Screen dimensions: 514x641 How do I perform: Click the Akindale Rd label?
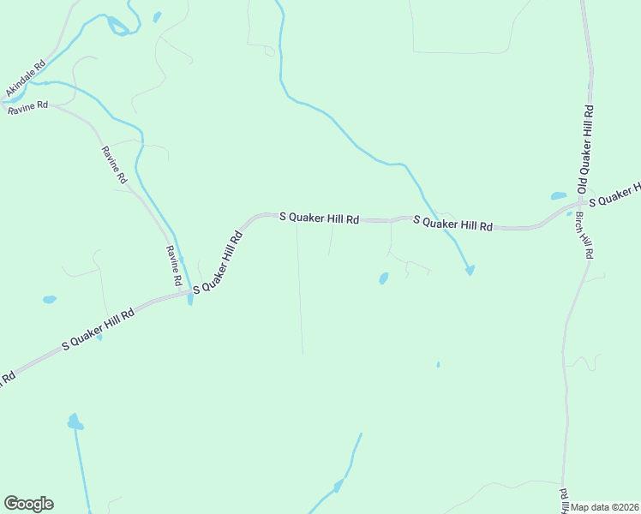(x=25, y=78)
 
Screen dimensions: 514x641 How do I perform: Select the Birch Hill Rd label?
(x=584, y=236)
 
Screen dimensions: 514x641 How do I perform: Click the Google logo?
(x=28, y=504)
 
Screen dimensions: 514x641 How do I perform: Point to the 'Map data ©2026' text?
(x=605, y=507)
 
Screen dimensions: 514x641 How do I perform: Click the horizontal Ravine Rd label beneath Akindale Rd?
(x=27, y=108)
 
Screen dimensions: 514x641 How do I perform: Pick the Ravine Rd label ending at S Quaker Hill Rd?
(x=174, y=266)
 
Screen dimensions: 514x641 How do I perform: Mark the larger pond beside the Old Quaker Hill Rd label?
(x=558, y=196)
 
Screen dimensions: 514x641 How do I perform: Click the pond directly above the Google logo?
(x=75, y=422)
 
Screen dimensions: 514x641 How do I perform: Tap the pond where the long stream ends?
(x=470, y=271)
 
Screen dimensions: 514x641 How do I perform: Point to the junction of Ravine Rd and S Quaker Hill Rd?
(x=188, y=293)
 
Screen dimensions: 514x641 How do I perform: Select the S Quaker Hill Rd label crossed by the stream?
(x=453, y=224)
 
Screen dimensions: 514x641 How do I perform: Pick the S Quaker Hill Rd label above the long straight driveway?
(x=319, y=218)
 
